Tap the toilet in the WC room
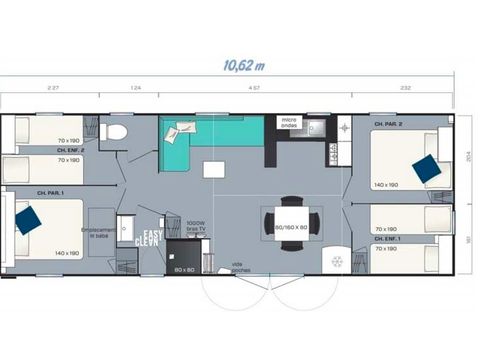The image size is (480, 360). point(117,132)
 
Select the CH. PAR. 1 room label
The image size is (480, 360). point(50,192)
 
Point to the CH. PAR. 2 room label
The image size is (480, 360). point(388,125)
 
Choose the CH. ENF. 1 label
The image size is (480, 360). point(387,239)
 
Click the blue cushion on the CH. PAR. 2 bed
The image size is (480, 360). point(427,169)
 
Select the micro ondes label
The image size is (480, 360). point(290,121)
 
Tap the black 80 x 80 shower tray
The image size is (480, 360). point(183,258)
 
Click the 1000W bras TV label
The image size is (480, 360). point(197,226)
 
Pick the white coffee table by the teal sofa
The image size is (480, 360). point(214,169)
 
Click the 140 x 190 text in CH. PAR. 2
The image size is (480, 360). point(387,185)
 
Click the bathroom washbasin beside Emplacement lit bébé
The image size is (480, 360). point(126,227)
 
